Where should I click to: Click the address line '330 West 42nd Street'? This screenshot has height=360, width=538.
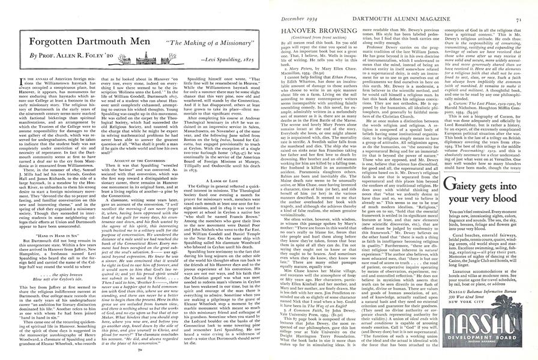point(486,296)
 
